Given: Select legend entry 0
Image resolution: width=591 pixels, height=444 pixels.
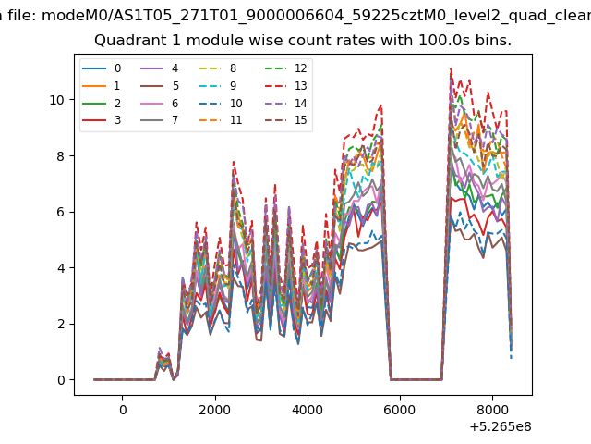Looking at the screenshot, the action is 102,68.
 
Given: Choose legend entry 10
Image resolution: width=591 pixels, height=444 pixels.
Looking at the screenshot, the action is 221,103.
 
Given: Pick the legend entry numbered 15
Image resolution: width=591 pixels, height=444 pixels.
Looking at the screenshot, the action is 285,120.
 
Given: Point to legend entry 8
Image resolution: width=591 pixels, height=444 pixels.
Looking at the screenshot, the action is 218,68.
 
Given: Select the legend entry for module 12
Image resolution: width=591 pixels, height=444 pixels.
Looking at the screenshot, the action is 285,68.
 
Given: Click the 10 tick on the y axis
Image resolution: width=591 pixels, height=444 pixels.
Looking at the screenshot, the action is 57,100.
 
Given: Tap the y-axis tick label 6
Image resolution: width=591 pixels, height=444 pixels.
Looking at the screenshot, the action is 61,212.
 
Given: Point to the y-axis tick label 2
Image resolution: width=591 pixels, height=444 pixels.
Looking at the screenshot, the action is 61,324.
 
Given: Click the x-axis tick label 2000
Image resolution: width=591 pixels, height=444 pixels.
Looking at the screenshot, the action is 215,410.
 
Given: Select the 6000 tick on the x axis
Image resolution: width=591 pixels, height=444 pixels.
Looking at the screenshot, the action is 400,410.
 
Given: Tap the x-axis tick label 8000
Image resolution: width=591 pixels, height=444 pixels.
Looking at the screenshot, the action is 492,410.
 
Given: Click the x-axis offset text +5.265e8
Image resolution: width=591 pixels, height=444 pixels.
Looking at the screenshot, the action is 501,426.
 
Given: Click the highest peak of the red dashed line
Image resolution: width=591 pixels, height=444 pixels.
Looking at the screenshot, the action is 451,68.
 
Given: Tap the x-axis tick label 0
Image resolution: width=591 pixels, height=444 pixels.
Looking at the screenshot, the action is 123,410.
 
